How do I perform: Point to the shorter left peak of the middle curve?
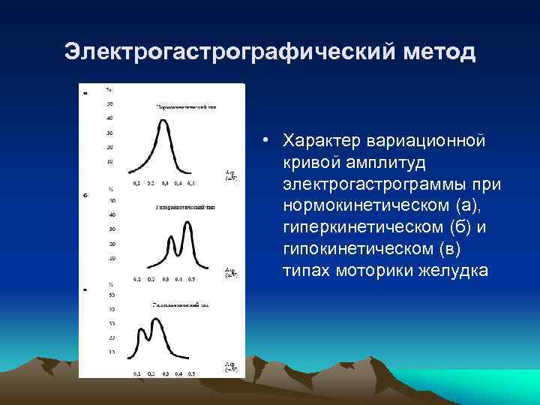click(x=172, y=238)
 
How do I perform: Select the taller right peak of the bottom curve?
click(x=156, y=320)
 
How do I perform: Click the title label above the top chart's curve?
click(x=186, y=107)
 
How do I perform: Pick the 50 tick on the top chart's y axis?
click(x=110, y=103)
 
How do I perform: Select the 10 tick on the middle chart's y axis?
click(x=111, y=259)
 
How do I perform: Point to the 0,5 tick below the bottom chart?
click(x=191, y=373)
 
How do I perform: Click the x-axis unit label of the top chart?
click(x=231, y=176)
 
